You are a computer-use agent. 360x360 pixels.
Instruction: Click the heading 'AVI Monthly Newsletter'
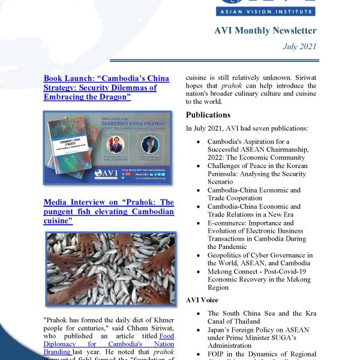point(265,31)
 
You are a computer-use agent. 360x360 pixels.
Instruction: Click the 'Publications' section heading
point(208,115)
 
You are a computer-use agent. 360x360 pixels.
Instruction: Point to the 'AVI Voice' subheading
point(202,299)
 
